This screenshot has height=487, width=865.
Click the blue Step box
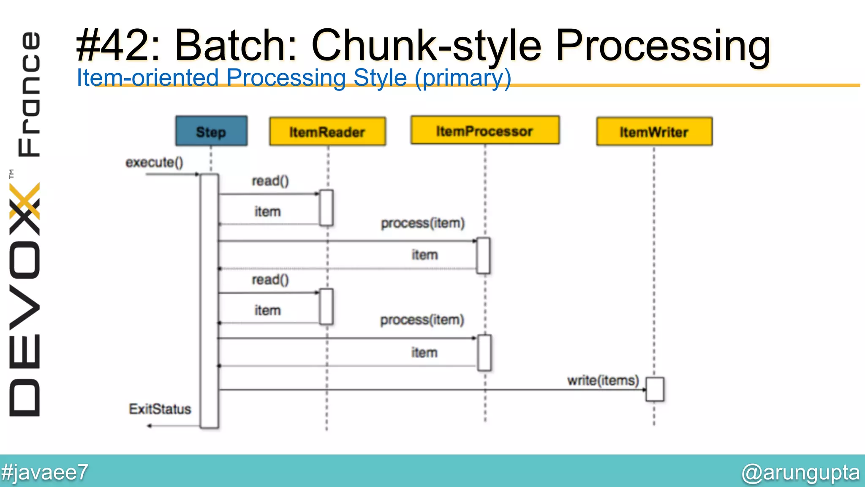point(211,131)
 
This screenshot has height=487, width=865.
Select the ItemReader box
point(327,132)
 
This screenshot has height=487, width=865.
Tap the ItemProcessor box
point(485,131)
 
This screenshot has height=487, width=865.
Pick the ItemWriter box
point(654,132)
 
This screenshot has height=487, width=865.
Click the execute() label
point(154,162)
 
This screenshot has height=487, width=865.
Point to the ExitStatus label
point(160,409)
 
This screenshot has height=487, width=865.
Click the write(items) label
point(603,380)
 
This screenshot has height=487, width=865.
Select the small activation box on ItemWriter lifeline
point(655,389)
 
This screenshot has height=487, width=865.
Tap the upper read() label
point(270,181)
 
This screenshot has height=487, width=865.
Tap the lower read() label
point(270,280)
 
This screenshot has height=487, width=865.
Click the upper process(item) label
point(422,223)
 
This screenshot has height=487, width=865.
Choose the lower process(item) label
point(422,320)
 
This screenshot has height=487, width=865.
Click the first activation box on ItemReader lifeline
point(326,208)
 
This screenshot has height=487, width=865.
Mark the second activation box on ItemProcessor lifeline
point(484,353)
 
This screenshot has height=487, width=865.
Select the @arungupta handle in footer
point(800,473)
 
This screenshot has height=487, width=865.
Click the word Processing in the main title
point(663,46)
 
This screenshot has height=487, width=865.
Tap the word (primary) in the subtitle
point(463,78)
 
